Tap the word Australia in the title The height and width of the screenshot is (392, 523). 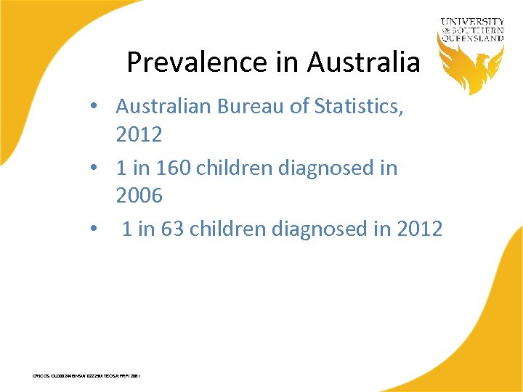(363, 62)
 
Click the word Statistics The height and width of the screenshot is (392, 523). (358, 107)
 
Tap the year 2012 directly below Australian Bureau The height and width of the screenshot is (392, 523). (139, 134)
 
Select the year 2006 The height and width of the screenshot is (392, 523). (139, 195)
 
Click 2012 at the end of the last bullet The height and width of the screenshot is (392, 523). (420, 229)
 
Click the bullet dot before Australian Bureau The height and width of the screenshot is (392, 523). (95, 107)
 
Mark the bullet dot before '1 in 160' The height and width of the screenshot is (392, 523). (95, 169)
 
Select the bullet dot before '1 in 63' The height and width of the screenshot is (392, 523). (95, 230)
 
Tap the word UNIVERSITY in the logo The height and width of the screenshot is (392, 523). (471, 22)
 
